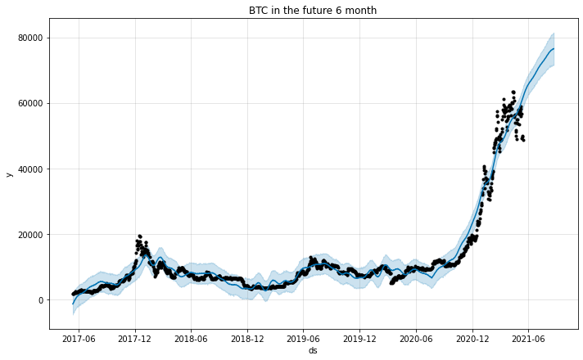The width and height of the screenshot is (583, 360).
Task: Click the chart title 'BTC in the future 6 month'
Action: click(x=313, y=11)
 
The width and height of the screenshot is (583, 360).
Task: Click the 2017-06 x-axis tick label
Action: click(x=79, y=338)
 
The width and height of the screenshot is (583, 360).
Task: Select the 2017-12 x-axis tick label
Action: click(x=135, y=338)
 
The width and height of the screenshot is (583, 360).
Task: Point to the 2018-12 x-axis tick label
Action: click(x=247, y=338)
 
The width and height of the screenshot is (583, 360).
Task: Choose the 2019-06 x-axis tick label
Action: click(x=303, y=338)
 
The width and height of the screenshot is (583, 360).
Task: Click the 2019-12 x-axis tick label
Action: click(x=359, y=338)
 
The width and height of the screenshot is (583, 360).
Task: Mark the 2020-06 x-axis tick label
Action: click(x=415, y=338)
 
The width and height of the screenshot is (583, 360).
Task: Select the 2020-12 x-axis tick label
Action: click(x=472, y=338)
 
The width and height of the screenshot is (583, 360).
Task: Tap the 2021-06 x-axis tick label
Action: click(x=527, y=338)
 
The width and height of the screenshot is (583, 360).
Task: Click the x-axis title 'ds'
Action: click(x=313, y=350)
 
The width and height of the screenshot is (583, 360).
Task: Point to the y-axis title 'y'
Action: click(x=9, y=173)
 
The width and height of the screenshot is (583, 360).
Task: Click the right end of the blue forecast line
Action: click(x=554, y=49)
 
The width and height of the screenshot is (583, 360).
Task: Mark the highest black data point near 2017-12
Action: click(x=139, y=236)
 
